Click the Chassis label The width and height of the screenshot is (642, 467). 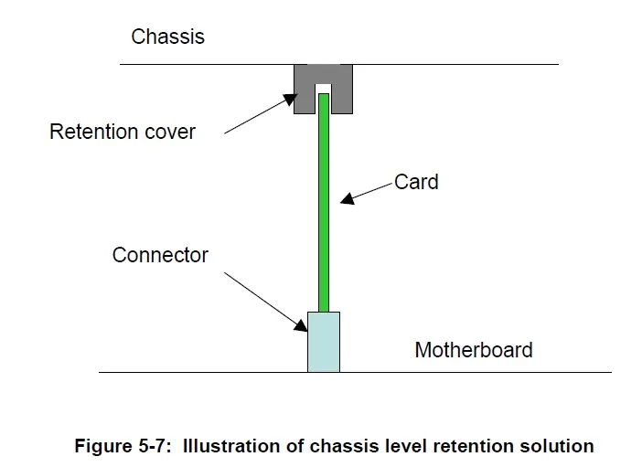coord(167,37)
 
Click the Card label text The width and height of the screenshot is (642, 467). coord(416,182)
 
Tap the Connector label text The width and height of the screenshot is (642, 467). coord(160,255)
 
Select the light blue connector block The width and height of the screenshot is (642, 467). coord(323,342)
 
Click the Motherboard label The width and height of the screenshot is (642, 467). coord(473,350)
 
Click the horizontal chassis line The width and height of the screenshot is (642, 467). coord(457,64)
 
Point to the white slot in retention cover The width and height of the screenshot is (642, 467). coord(323,90)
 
